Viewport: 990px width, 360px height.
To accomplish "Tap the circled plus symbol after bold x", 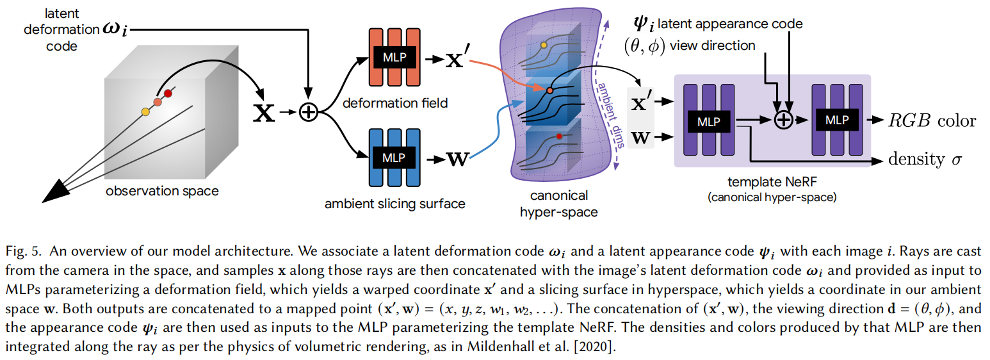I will [309, 113].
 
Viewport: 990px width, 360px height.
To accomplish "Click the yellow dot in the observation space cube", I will [145, 112].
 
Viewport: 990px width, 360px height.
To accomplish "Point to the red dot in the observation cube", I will [168, 94].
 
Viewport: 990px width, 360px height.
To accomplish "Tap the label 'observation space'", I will [162, 191].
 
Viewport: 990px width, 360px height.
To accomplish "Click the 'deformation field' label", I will [394, 102].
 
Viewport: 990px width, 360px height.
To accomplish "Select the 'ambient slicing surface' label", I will [394, 204].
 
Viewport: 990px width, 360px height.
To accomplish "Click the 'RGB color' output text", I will [931, 120].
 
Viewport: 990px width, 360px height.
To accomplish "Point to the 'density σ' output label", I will [926, 160].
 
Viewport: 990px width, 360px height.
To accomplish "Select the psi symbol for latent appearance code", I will [642, 26].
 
